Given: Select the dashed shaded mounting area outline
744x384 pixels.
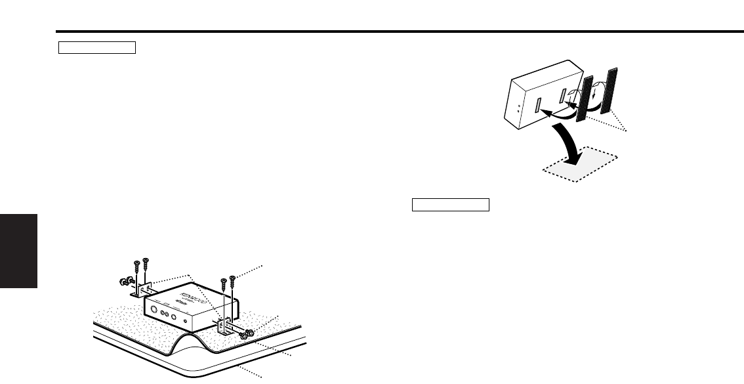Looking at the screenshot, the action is pyautogui.click(x=581, y=163).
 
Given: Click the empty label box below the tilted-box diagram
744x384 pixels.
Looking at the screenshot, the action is pyautogui.click(x=451, y=203).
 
